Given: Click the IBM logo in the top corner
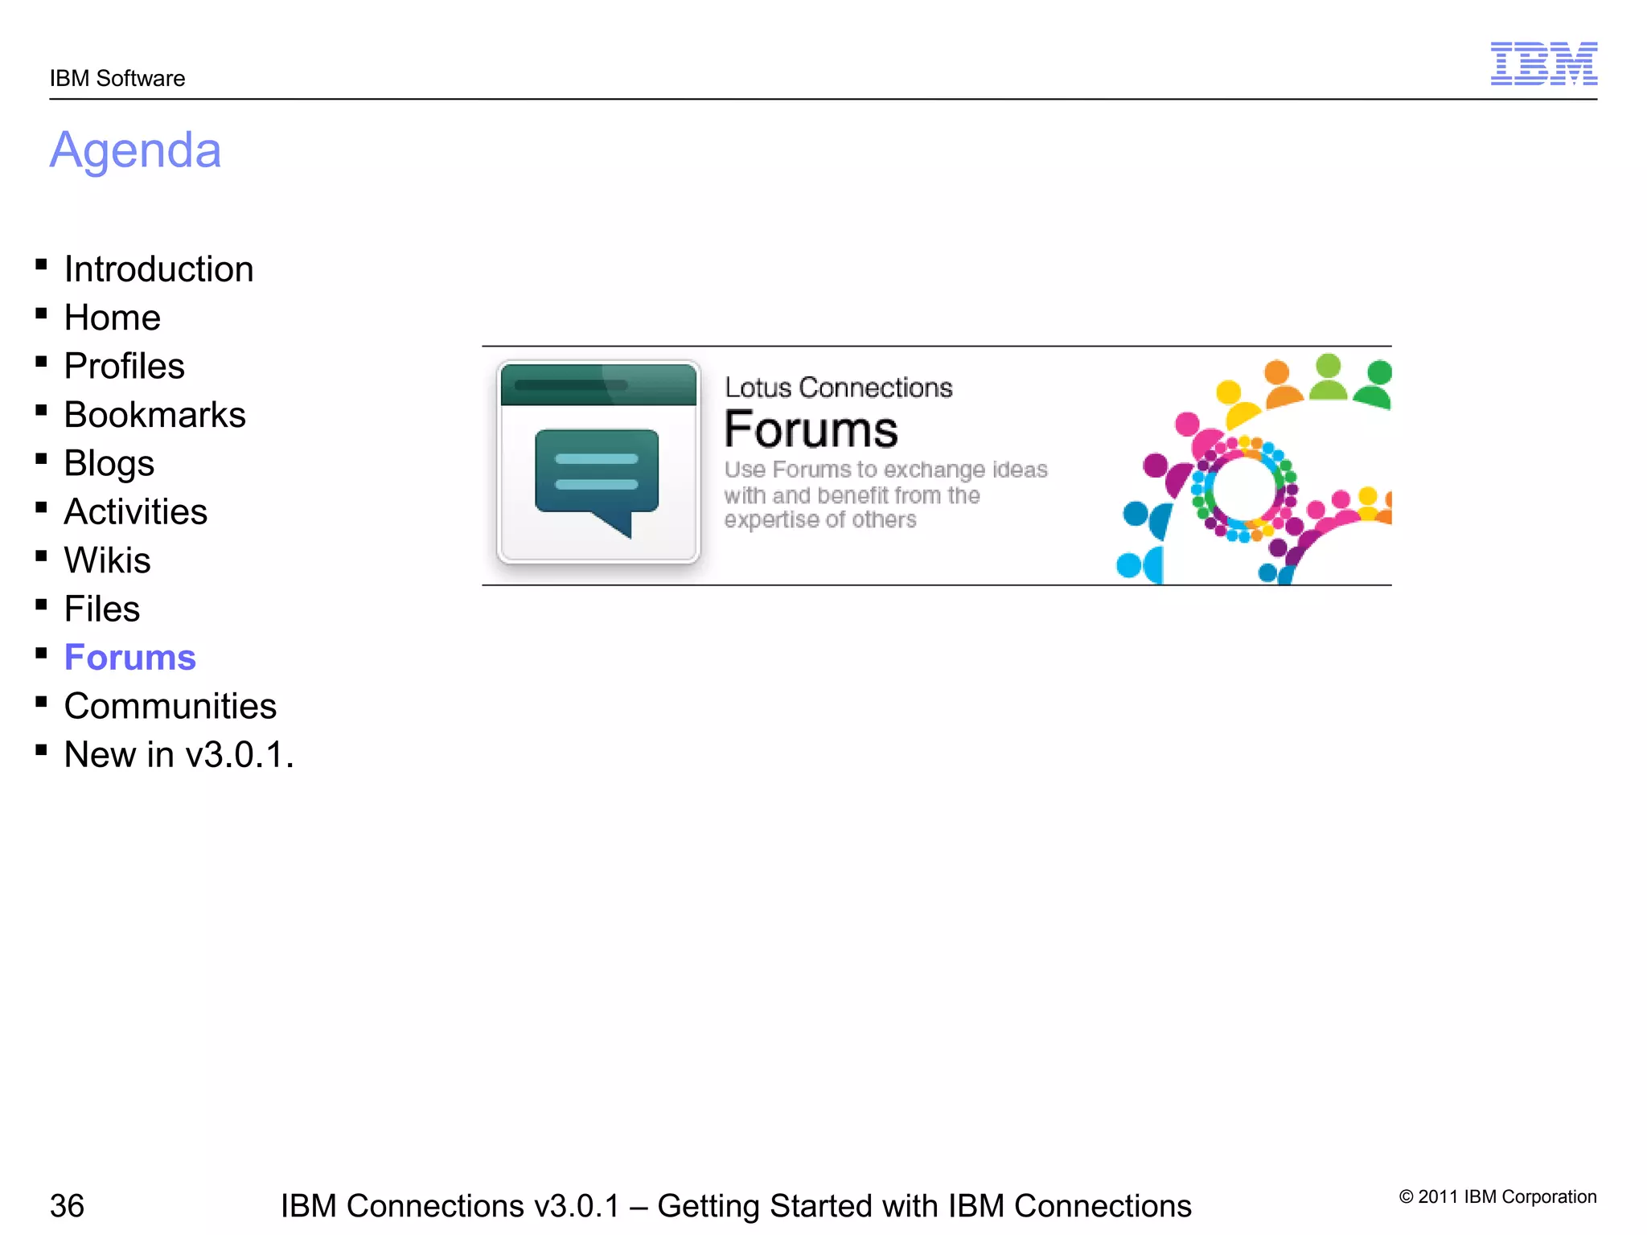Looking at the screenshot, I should point(1543,64).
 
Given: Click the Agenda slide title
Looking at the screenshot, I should point(135,150).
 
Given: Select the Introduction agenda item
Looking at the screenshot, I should point(158,269).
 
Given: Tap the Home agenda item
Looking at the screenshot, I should point(113,318).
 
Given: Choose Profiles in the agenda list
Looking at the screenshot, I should point(125,367).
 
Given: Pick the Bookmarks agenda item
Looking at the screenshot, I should point(154,415).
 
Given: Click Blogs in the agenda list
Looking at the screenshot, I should point(109,464).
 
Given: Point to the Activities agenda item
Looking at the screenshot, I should point(135,512).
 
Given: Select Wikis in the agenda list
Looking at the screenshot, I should point(107,560).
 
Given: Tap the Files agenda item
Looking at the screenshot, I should point(102,609).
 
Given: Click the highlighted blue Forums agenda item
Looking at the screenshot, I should point(129,658).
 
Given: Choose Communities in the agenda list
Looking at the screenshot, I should point(170,707).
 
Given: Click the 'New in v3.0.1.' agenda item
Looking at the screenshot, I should point(179,755).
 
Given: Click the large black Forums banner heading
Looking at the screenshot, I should point(811,430).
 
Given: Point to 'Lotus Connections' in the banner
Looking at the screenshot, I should point(838,388).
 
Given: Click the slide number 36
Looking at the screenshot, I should point(67,1205).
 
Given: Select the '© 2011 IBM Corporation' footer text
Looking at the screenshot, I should point(1497,1196).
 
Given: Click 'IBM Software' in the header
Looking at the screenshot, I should point(117,79).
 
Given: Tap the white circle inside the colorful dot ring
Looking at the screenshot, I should point(1243,488).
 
